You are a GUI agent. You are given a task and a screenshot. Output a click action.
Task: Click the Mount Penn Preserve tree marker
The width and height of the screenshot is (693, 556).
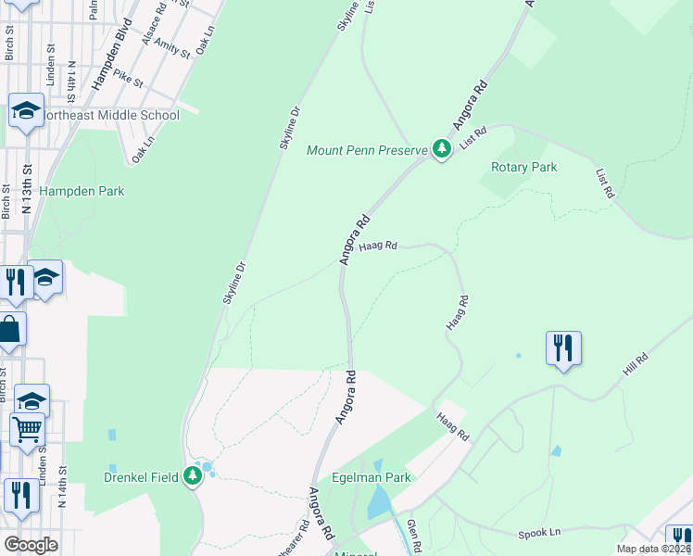tap(442, 149)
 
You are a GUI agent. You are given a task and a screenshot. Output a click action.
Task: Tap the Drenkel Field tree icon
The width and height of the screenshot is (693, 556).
tap(193, 476)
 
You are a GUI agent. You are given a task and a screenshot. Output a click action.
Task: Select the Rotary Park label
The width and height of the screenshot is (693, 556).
tap(524, 168)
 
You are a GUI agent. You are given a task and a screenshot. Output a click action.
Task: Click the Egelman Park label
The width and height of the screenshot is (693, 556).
tap(372, 478)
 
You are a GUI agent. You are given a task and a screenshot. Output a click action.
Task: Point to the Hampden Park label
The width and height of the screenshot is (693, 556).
tap(82, 191)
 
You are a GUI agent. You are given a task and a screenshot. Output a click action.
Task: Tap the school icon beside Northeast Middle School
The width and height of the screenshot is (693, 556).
tap(26, 111)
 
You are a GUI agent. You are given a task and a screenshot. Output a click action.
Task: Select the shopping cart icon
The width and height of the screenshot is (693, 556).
tap(27, 429)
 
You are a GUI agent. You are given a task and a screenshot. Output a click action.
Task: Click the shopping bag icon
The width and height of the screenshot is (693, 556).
tap(10, 330)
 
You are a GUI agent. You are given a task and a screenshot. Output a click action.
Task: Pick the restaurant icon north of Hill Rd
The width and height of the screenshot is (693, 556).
tap(563, 348)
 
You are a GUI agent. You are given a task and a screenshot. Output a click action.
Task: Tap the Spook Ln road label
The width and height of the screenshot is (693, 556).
tap(540, 533)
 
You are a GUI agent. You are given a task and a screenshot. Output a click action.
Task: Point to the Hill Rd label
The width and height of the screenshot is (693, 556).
tap(636, 363)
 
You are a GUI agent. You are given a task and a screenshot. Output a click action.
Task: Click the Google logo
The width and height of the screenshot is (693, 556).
tap(30, 545)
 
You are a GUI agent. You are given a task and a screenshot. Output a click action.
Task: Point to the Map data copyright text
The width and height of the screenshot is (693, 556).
tap(653, 549)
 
